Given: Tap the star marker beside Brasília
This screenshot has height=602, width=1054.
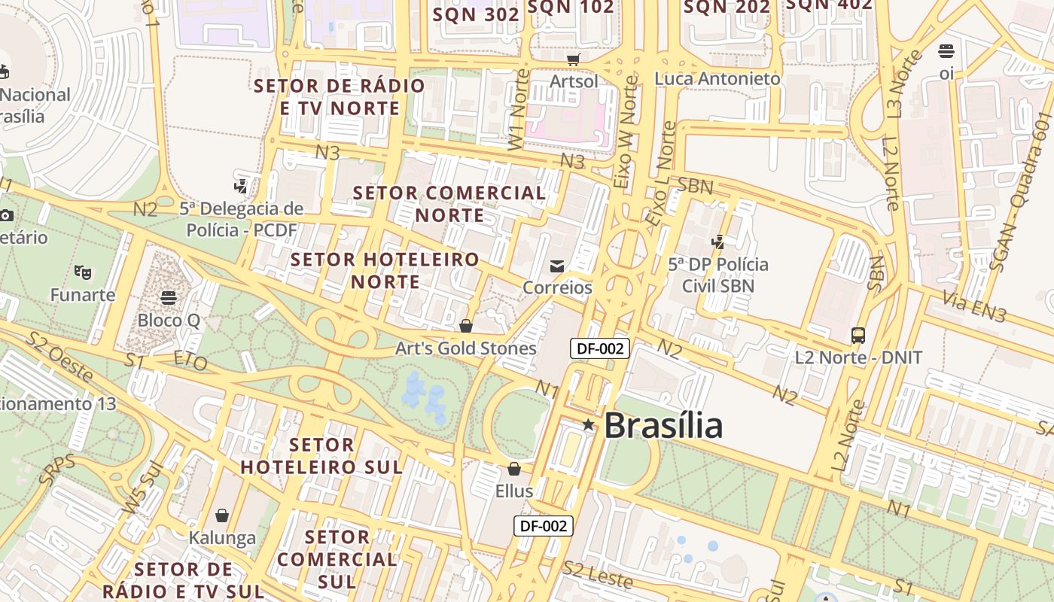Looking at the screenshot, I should click(588, 425).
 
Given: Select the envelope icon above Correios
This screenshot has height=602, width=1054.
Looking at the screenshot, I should click(557, 266).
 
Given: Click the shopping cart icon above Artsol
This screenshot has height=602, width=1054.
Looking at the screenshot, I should click(574, 59).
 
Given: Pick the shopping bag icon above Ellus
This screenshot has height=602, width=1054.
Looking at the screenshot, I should click(514, 469).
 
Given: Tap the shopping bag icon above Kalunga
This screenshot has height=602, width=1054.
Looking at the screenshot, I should click(222, 515).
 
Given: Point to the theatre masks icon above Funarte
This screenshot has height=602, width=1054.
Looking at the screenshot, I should click(83, 272).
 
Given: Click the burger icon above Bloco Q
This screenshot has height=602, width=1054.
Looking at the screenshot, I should click(169, 298).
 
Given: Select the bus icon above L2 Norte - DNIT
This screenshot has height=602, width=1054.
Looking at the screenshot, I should click(858, 335).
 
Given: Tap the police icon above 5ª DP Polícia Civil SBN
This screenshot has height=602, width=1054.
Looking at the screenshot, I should click(718, 242).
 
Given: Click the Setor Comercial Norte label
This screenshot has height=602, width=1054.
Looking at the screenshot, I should click(449, 204).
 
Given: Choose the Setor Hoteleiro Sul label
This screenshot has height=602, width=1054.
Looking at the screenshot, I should click(321, 456).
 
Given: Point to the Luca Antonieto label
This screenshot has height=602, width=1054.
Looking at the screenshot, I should click(717, 78).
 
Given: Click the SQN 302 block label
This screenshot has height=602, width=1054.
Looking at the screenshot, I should click(476, 14).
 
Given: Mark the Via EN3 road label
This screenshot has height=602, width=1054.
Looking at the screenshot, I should click(974, 309).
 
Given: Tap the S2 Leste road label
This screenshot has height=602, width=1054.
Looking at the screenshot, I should click(598, 574).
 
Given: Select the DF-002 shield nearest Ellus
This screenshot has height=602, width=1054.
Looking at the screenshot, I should click(544, 526).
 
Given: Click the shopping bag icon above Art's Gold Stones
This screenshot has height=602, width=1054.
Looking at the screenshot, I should click(466, 326).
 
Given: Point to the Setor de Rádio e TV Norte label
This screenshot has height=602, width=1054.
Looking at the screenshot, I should click(340, 97).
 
